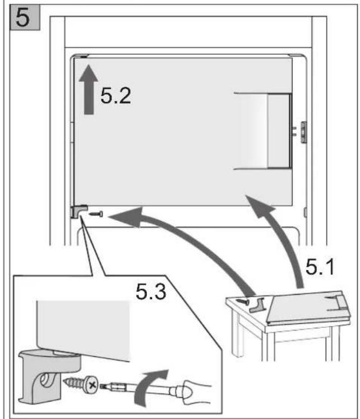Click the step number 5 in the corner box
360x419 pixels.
(22, 17)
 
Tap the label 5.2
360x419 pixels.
(116, 96)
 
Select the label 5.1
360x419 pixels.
(320, 267)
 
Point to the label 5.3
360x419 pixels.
(151, 291)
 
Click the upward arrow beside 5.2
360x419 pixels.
(89, 90)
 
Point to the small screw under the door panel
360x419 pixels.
(96, 214)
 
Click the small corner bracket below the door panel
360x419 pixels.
(79, 211)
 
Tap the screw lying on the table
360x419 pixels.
(242, 301)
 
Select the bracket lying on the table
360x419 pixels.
(257, 305)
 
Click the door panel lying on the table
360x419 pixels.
(308, 308)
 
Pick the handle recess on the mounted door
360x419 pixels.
(263, 131)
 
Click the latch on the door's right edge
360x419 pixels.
(303, 132)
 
